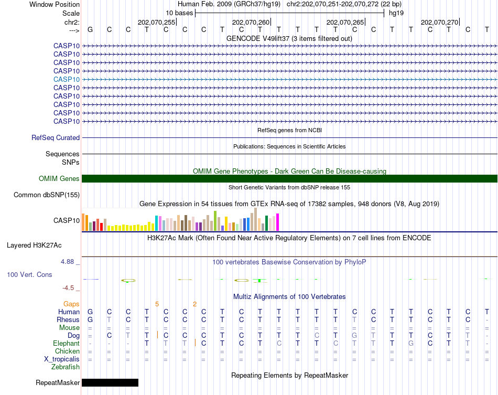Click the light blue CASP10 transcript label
pyautogui.click(x=67, y=79)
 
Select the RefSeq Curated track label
pyautogui.click(x=56, y=138)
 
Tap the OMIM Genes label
pyautogui.click(x=59, y=179)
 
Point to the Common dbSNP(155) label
pyautogui.click(x=46, y=195)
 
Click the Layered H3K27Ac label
pyautogui.click(x=34, y=245)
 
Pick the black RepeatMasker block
pyautogui.click(x=110, y=382)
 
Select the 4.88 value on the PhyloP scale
pyautogui.click(x=69, y=261)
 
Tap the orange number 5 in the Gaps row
pyautogui.click(x=157, y=304)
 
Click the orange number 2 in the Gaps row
pyautogui.click(x=194, y=304)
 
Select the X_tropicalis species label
pyautogui.click(x=62, y=359)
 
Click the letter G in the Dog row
pyautogui.click(x=354, y=335)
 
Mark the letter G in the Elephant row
pyautogui.click(x=411, y=343)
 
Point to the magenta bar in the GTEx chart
pyautogui.click(x=277, y=223)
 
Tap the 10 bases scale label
pyautogui.click(x=179, y=13)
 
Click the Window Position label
pyautogui.click(x=55, y=4)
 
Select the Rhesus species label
pyautogui.click(x=68, y=320)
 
